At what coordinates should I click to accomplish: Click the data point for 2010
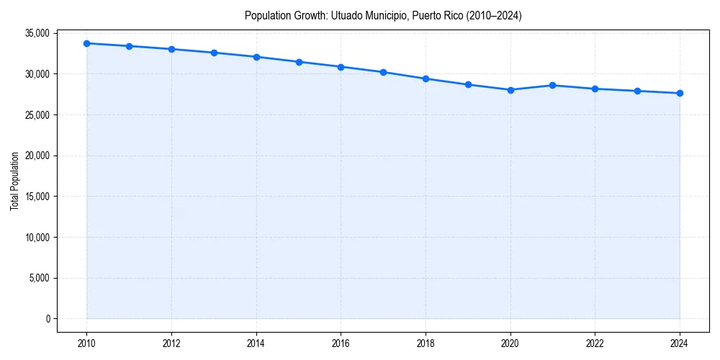coord(86,43)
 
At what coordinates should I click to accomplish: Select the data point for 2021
coord(552,85)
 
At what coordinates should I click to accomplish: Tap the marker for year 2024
coord(680,93)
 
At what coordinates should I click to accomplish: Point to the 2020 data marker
coord(510,90)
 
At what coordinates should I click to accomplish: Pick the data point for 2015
coord(299,62)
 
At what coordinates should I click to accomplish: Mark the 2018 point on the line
coord(426,78)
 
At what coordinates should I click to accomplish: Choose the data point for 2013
coord(214,53)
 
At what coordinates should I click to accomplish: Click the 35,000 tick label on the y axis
coord(37,33)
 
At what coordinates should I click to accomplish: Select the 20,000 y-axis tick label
coord(37,156)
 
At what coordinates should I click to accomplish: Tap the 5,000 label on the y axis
coord(39,278)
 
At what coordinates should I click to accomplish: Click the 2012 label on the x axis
coord(171,344)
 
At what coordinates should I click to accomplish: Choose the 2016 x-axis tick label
coord(341,344)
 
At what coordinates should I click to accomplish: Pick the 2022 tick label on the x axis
coord(595,344)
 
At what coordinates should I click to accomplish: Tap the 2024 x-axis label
coord(680,344)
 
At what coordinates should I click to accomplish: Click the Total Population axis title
coord(14,181)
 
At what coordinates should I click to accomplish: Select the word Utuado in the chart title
coord(346,15)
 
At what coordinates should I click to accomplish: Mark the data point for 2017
coord(383,72)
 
